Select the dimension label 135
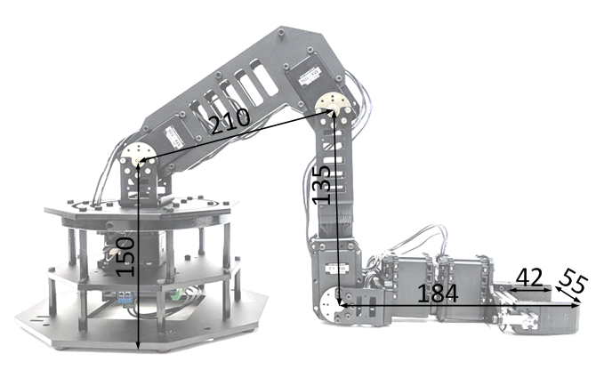322,185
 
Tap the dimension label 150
125,257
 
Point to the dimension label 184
438,294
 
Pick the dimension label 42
529,277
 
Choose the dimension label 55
574,280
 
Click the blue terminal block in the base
125,297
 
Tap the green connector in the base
177,294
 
